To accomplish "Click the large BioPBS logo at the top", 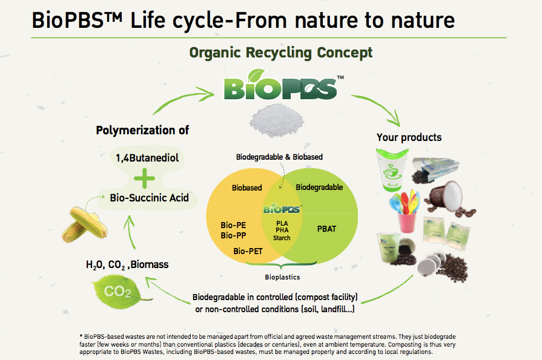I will pos(280,87).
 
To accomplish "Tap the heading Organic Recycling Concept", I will pos(281,53).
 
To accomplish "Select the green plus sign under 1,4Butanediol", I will pos(143,178).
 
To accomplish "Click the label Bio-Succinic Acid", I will pos(149,198).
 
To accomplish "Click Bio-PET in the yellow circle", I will pos(248,250).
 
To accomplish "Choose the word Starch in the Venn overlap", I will pos(282,238).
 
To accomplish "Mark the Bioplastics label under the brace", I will pos(282,277).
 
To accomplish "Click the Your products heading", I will pos(409,137).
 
